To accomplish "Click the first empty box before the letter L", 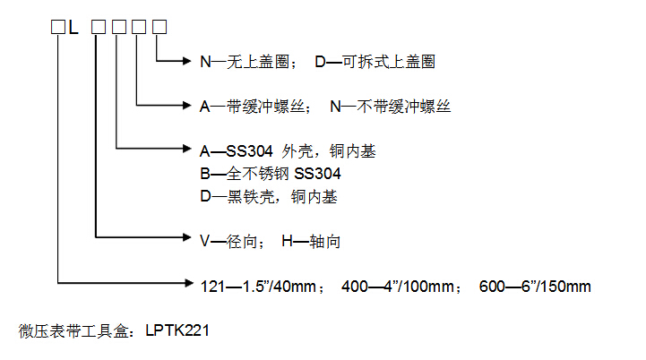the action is (58, 27).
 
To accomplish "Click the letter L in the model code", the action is (73, 27).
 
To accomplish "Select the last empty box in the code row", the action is (159, 27).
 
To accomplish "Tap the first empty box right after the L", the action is (99, 27).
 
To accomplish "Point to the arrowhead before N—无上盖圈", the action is (187, 61).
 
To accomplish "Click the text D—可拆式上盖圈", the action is (375, 62).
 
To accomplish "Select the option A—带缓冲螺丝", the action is (253, 107).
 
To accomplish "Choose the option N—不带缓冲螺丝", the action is (390, 107).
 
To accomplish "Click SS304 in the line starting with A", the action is (249, 151).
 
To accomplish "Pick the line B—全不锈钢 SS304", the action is (271, 174).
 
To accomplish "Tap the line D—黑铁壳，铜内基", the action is (269, 196).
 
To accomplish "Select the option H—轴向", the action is (311, 242).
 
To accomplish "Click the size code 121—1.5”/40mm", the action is (258, 287).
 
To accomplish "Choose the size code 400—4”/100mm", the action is (398, 287).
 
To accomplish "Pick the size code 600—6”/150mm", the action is (535, 287).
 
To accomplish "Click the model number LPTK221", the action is (177, 330).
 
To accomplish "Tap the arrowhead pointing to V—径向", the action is (187, 237).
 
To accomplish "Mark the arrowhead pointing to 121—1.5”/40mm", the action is (189, 283).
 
